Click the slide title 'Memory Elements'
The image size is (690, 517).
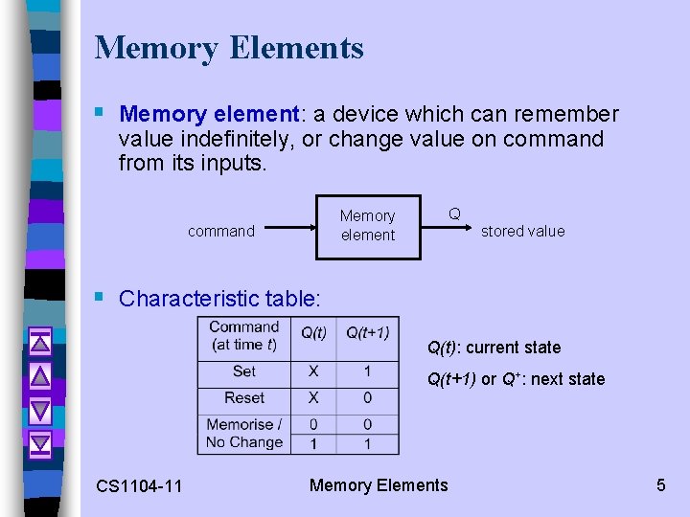pyautogui.click(x=229, y=48)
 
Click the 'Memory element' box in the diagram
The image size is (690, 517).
pyautogui.click(x=368, y=225)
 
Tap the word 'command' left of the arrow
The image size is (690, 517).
pyautogui.click(x=221, y=231)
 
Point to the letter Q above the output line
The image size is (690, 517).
pyautogui.click(x=454, y=214)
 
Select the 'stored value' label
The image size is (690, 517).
pyautogui.click(x=522, y=231)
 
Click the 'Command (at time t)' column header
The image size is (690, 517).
pyautogui.click(x=244, y=336)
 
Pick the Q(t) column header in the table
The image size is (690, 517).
pyautogui.click(x=313, y=333)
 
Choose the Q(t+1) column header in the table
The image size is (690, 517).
pyautogui.click(x=367, y=333)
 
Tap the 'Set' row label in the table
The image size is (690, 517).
pyautogui.click(x=244, y=371)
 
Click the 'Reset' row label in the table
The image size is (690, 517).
pyautogui.click(x=244, y=397)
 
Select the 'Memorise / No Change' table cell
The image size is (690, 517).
pyautogui.click(x=244, y=433)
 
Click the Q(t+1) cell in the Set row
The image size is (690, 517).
pyautogui.click(x=367, y=371)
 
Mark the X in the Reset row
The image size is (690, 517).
pyautogui.click(x=313, y=397)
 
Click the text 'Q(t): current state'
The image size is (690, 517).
pyautogui.click(x=494, y=348)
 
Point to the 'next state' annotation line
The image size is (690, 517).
pyautogui.click(x=516, y=379)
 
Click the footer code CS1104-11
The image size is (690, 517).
pyautogui.click(x=139, y=486)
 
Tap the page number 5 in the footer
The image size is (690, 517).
pyautogui.click(x=660, y=485)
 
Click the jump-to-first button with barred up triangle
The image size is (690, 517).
pyautogui.click(x=40, y=341)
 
